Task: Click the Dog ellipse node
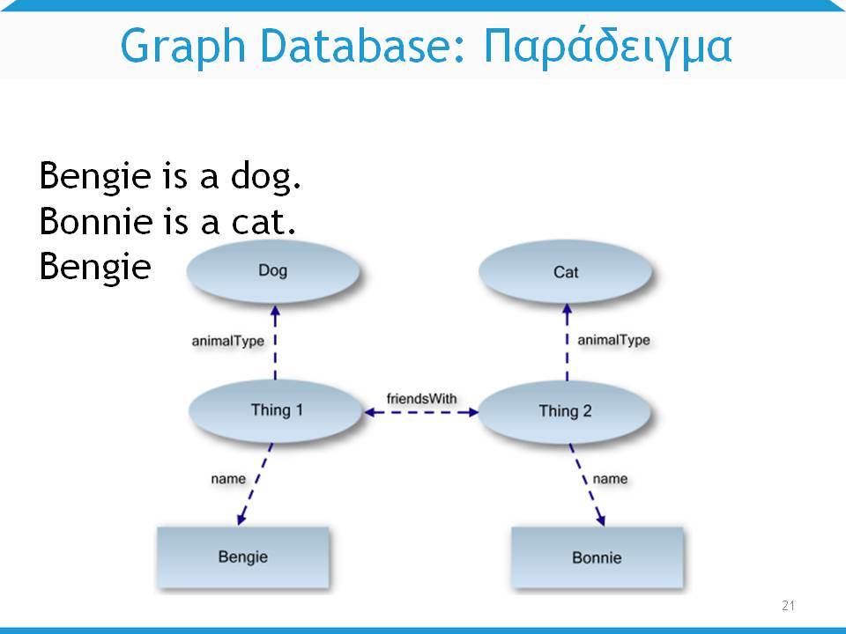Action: coord(273,271)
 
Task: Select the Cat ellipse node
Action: coord(566,272)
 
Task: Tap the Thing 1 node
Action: coord(276,411)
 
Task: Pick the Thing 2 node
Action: coord(565,412)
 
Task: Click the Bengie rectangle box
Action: coord(243,557)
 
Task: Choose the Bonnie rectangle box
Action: coord(597,557)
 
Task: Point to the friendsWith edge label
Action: coord(421,399)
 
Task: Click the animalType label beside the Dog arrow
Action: coord(227,342)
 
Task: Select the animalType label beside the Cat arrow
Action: coord(613,340)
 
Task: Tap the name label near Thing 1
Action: coord(228,479)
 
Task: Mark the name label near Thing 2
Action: coord(610,479)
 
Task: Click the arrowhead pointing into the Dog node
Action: coord(275,312)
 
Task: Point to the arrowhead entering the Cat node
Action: coord(567,311)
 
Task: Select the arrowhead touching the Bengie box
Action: coord(241,518)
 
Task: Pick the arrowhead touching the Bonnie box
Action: coord(601,519)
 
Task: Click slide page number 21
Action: coord(788,606)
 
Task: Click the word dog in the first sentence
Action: coord(265,176)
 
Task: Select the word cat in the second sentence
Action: coord(263,222)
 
